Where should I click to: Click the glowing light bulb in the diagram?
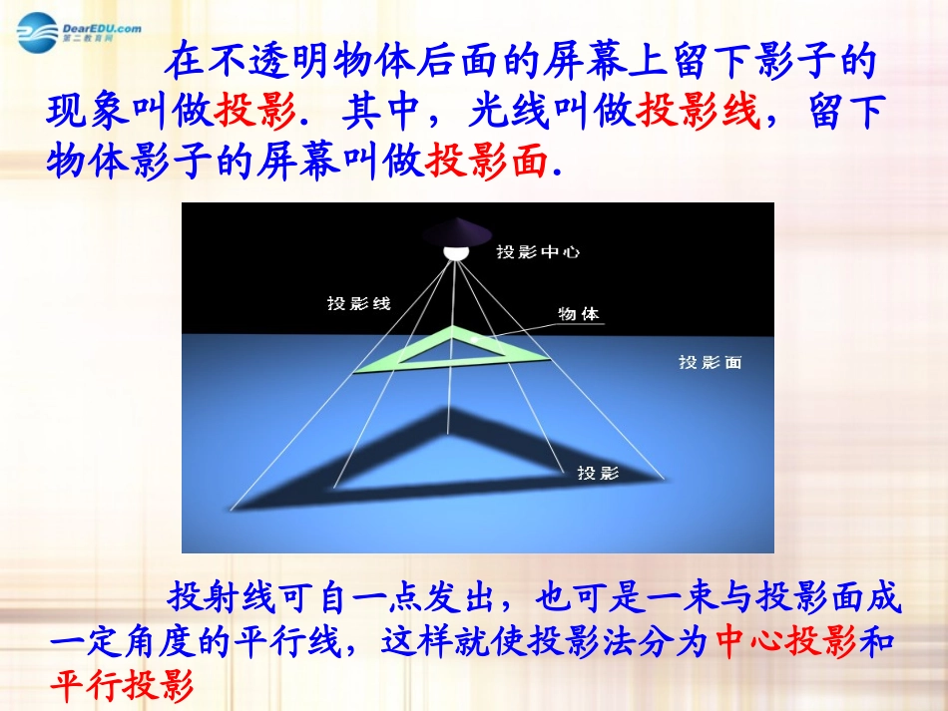[455, 250]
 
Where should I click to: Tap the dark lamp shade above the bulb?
[455, 233]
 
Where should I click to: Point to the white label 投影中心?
[538, 253]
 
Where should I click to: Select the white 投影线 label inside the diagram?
[358, 303]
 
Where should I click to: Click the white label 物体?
[579, 313]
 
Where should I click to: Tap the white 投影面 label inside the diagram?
[711, 363]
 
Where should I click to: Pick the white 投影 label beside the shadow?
[598, 473]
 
